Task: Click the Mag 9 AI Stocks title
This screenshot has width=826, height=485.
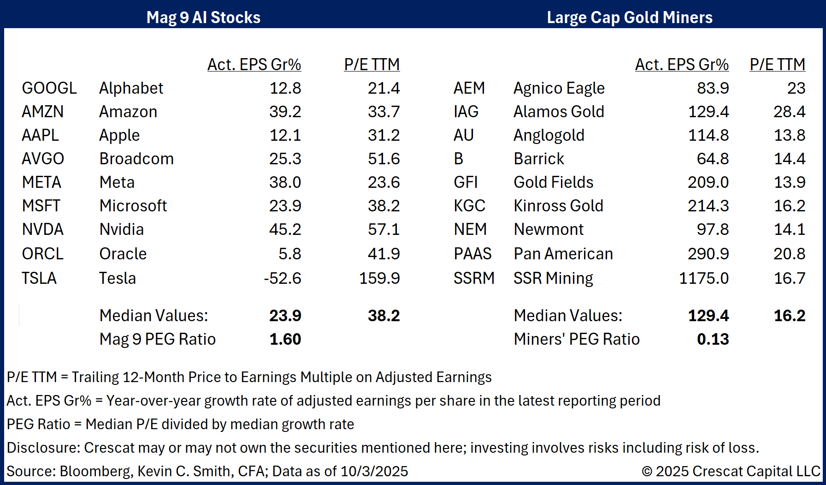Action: (x=203, y=18)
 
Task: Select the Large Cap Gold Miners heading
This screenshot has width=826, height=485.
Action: (x=629, y=18)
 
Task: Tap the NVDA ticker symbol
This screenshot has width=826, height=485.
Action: (x=42, y=229)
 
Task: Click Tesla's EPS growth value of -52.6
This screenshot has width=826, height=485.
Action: (x=282, y=278)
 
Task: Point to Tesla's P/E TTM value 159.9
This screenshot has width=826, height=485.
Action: (x=379, y=278)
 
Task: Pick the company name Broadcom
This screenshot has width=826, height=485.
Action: (x=136, y=159)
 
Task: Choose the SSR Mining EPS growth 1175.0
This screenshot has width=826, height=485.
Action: (x=703, y=278)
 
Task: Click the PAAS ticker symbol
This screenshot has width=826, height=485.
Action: (x=472, y=254)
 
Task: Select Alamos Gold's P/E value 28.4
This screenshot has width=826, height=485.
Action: (x=789, y=112)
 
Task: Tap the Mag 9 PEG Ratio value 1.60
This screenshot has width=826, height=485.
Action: (x=285, y=339)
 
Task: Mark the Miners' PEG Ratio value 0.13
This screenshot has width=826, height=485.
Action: (x=713, y=339)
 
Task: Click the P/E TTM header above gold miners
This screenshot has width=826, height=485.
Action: (x=777, y=65)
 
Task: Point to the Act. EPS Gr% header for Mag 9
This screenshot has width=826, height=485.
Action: (x=254, y=65)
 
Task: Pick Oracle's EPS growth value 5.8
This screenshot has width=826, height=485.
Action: (x=289, y=254)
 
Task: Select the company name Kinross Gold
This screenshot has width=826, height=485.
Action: (x=558, y=206)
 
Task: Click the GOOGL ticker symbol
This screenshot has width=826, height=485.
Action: (x=49, y=88)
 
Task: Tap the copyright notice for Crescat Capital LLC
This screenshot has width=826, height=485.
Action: (x=731, y=471)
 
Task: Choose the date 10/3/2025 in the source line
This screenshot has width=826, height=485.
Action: (x=374, y=471)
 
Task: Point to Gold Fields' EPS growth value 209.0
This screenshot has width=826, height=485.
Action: (x=708, y=182)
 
